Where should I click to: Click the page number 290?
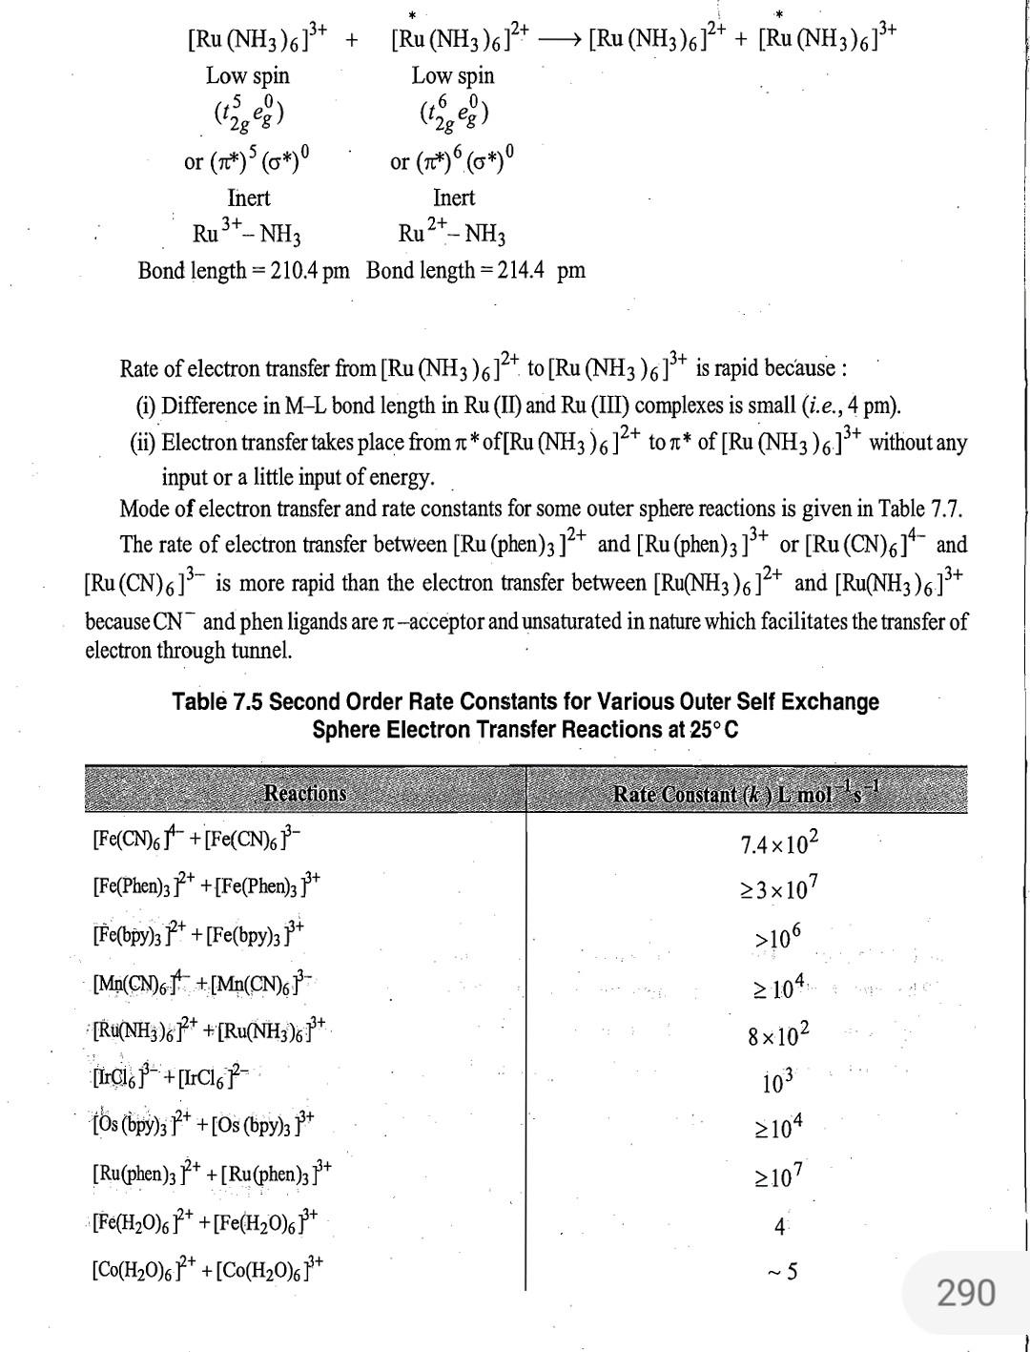coord(965,1293)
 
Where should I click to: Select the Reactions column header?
coord(304,793)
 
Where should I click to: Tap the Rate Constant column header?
coord(746,793)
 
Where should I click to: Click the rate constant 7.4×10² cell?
coord(779,843)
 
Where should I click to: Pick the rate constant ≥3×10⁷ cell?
coord(779,889)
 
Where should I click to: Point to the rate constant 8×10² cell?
coord(779,1033)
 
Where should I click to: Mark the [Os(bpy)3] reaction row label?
coord(203,1125)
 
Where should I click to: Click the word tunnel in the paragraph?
coord(260,652)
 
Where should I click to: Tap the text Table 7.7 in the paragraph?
coord(925,509)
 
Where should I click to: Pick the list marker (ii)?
coord(143,443)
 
